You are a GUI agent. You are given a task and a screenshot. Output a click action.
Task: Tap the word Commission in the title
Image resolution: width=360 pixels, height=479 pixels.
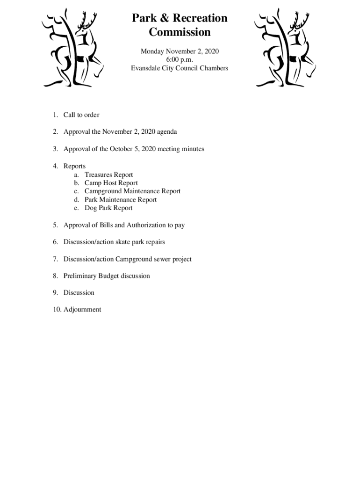click(x=180, y=32)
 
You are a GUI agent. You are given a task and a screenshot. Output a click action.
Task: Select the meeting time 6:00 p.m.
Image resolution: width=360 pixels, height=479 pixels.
click(x=180, y=59)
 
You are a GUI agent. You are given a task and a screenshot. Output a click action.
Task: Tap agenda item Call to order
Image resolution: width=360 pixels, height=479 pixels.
click(x=81, y=115)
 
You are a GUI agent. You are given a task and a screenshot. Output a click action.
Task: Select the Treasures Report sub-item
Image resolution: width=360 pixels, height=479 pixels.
click(x=108, y=175)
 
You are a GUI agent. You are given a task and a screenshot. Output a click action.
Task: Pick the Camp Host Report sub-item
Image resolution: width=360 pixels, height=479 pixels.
click(x=111, y=183)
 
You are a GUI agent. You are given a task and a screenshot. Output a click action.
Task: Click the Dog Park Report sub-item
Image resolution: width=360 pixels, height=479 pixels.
click(x=108, y=208)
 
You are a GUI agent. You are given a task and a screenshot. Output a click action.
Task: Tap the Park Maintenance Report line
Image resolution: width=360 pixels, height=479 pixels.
click(x=121, y=200)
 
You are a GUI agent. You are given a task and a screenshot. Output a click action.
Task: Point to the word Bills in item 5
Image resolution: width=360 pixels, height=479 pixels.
click(x=106, y=225)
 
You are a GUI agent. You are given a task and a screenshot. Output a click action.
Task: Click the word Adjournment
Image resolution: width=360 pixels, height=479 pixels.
click(x=82, y=310)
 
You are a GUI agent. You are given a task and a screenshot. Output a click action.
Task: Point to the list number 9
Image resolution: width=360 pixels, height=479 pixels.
click(x=55, y=293)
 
